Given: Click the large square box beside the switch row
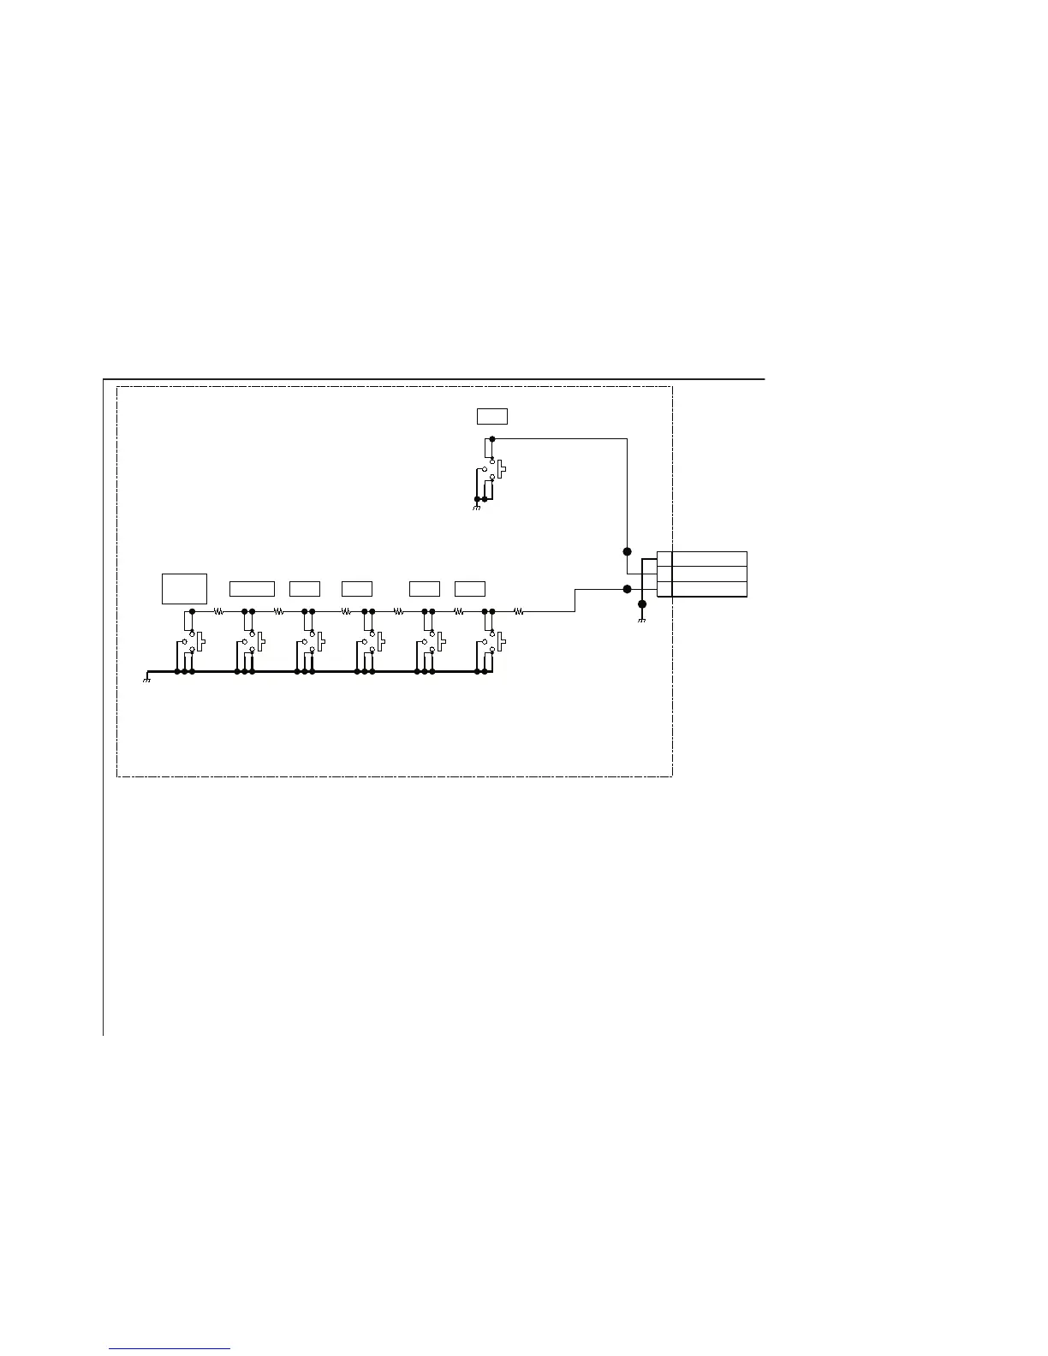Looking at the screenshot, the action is coord(184,588).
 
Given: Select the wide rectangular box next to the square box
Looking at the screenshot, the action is coord(252,588).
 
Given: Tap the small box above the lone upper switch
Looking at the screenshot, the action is coord(491,416).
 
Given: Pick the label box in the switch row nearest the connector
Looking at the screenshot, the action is coord(469,588).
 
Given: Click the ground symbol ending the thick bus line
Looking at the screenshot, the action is coord(146,679).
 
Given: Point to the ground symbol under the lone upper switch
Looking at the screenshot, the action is coord(476,507).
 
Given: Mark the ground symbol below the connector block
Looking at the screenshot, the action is coord(641,619).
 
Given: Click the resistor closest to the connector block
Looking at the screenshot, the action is coord(518,611).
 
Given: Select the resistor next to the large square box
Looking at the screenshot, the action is coord(218,611).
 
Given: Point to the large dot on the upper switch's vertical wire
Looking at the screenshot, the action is coord(627,551).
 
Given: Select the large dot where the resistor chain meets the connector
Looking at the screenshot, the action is coord(627,589).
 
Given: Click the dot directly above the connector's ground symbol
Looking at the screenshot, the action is coord(642,604).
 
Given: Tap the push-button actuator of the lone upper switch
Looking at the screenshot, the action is coord(502,470).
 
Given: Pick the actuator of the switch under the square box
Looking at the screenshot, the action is coord(201,642).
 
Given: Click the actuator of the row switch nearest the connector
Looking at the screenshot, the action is coord(501,642).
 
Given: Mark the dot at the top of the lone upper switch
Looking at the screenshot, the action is coord(491,439).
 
